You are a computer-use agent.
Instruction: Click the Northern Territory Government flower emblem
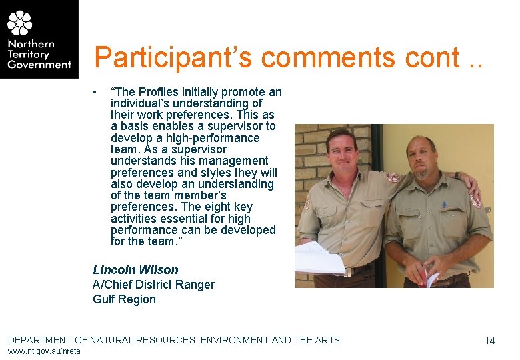click(19, 23)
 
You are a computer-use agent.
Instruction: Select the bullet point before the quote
click(97, 92)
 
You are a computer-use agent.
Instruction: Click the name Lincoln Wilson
click(135, 270)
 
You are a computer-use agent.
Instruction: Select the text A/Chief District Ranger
click(153, 285)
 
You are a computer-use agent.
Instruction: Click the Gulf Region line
click(124, 299)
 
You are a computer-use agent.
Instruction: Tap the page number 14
click(490, 341)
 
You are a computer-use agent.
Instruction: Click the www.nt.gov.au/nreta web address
click(44, 351)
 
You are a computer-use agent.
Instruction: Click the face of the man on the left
click(342, 153)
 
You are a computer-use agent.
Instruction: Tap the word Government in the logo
click(39, 65)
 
